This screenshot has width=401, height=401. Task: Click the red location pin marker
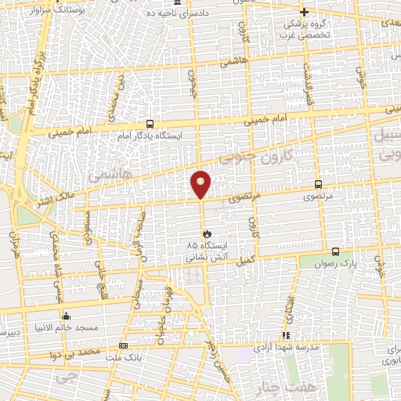tap(201, 183)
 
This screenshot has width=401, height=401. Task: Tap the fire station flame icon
tap(206, 233)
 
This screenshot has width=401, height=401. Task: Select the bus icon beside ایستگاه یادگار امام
tap(150, 124)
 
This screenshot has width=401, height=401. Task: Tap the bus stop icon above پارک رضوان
tap(335, 251)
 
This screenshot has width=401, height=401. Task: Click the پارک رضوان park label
tap(335, 264)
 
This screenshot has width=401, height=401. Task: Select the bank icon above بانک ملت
tap(123, 345)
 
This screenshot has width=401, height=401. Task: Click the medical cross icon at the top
tap(304, 12)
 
